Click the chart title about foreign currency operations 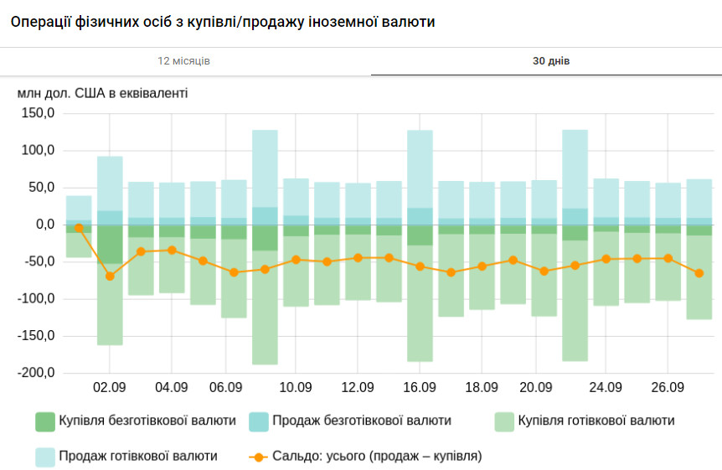point(223,22)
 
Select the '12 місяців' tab point(184,61)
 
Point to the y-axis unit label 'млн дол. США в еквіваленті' point(103,92)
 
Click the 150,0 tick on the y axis point(38,113)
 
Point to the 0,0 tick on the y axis point(44,225)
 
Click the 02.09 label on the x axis point(110,387)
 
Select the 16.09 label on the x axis point(420,387)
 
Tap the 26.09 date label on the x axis point(668,387)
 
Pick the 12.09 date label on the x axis point(358,387)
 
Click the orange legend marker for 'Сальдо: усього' point(259,457)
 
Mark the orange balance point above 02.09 point(110,276)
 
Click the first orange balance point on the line point(79,227)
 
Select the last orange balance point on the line point(699,273)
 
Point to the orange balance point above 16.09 point(420,266)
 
